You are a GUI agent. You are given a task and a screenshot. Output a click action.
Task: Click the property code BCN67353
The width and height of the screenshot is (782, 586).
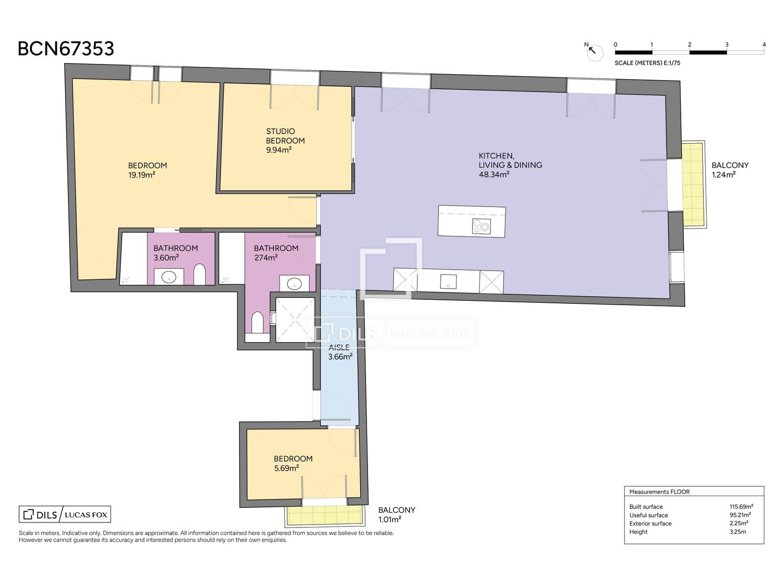pos(66,49)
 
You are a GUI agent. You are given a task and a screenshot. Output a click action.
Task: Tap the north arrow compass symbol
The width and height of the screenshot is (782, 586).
pos(594,52)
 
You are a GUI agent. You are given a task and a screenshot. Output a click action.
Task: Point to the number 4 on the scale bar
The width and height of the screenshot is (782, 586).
pos(764,44)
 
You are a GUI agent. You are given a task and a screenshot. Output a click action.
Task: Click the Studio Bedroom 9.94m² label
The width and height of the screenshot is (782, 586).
pos(285,141)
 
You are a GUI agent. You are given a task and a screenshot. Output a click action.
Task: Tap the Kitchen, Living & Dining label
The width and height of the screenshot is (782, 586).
pos(510,165)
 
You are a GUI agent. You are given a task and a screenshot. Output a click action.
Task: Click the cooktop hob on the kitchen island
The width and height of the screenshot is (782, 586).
pos(481,226)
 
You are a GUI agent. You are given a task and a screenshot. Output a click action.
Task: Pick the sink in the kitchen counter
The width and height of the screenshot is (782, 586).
pos(448,281)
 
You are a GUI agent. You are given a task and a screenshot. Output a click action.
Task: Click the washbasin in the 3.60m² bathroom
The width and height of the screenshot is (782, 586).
pos(169,277)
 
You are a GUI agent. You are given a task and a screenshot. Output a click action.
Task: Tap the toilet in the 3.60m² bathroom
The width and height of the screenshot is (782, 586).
pos(199,274)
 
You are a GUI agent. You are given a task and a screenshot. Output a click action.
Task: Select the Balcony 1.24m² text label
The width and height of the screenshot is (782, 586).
pos(730,170)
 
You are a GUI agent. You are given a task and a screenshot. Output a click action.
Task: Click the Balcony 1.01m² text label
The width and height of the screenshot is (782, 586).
pos(396,515)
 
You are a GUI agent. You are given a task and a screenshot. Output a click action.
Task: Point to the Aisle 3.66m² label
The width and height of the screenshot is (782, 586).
pos(340,352)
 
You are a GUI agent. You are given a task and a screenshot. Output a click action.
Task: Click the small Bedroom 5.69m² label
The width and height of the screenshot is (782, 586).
pos(293,463)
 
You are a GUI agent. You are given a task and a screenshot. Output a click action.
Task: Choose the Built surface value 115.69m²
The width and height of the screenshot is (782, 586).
pos(741,507)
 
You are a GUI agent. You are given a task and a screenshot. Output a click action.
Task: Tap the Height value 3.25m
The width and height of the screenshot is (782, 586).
pos(738,532)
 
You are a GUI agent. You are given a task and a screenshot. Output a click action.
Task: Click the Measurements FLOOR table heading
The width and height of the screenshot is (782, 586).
pos(659,492)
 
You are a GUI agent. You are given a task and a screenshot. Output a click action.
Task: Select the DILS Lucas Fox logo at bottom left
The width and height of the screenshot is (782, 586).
pos(65,514)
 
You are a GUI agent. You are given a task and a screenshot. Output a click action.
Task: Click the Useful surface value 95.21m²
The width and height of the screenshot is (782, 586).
pos(740,515)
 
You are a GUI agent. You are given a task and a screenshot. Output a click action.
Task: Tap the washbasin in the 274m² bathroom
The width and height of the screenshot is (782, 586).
pos(294,284)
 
